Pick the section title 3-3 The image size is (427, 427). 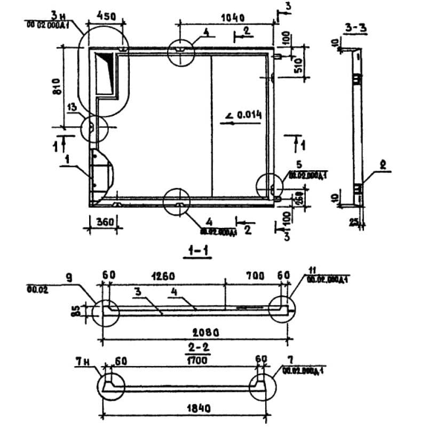point(355,29)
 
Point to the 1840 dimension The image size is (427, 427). point(194,408)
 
